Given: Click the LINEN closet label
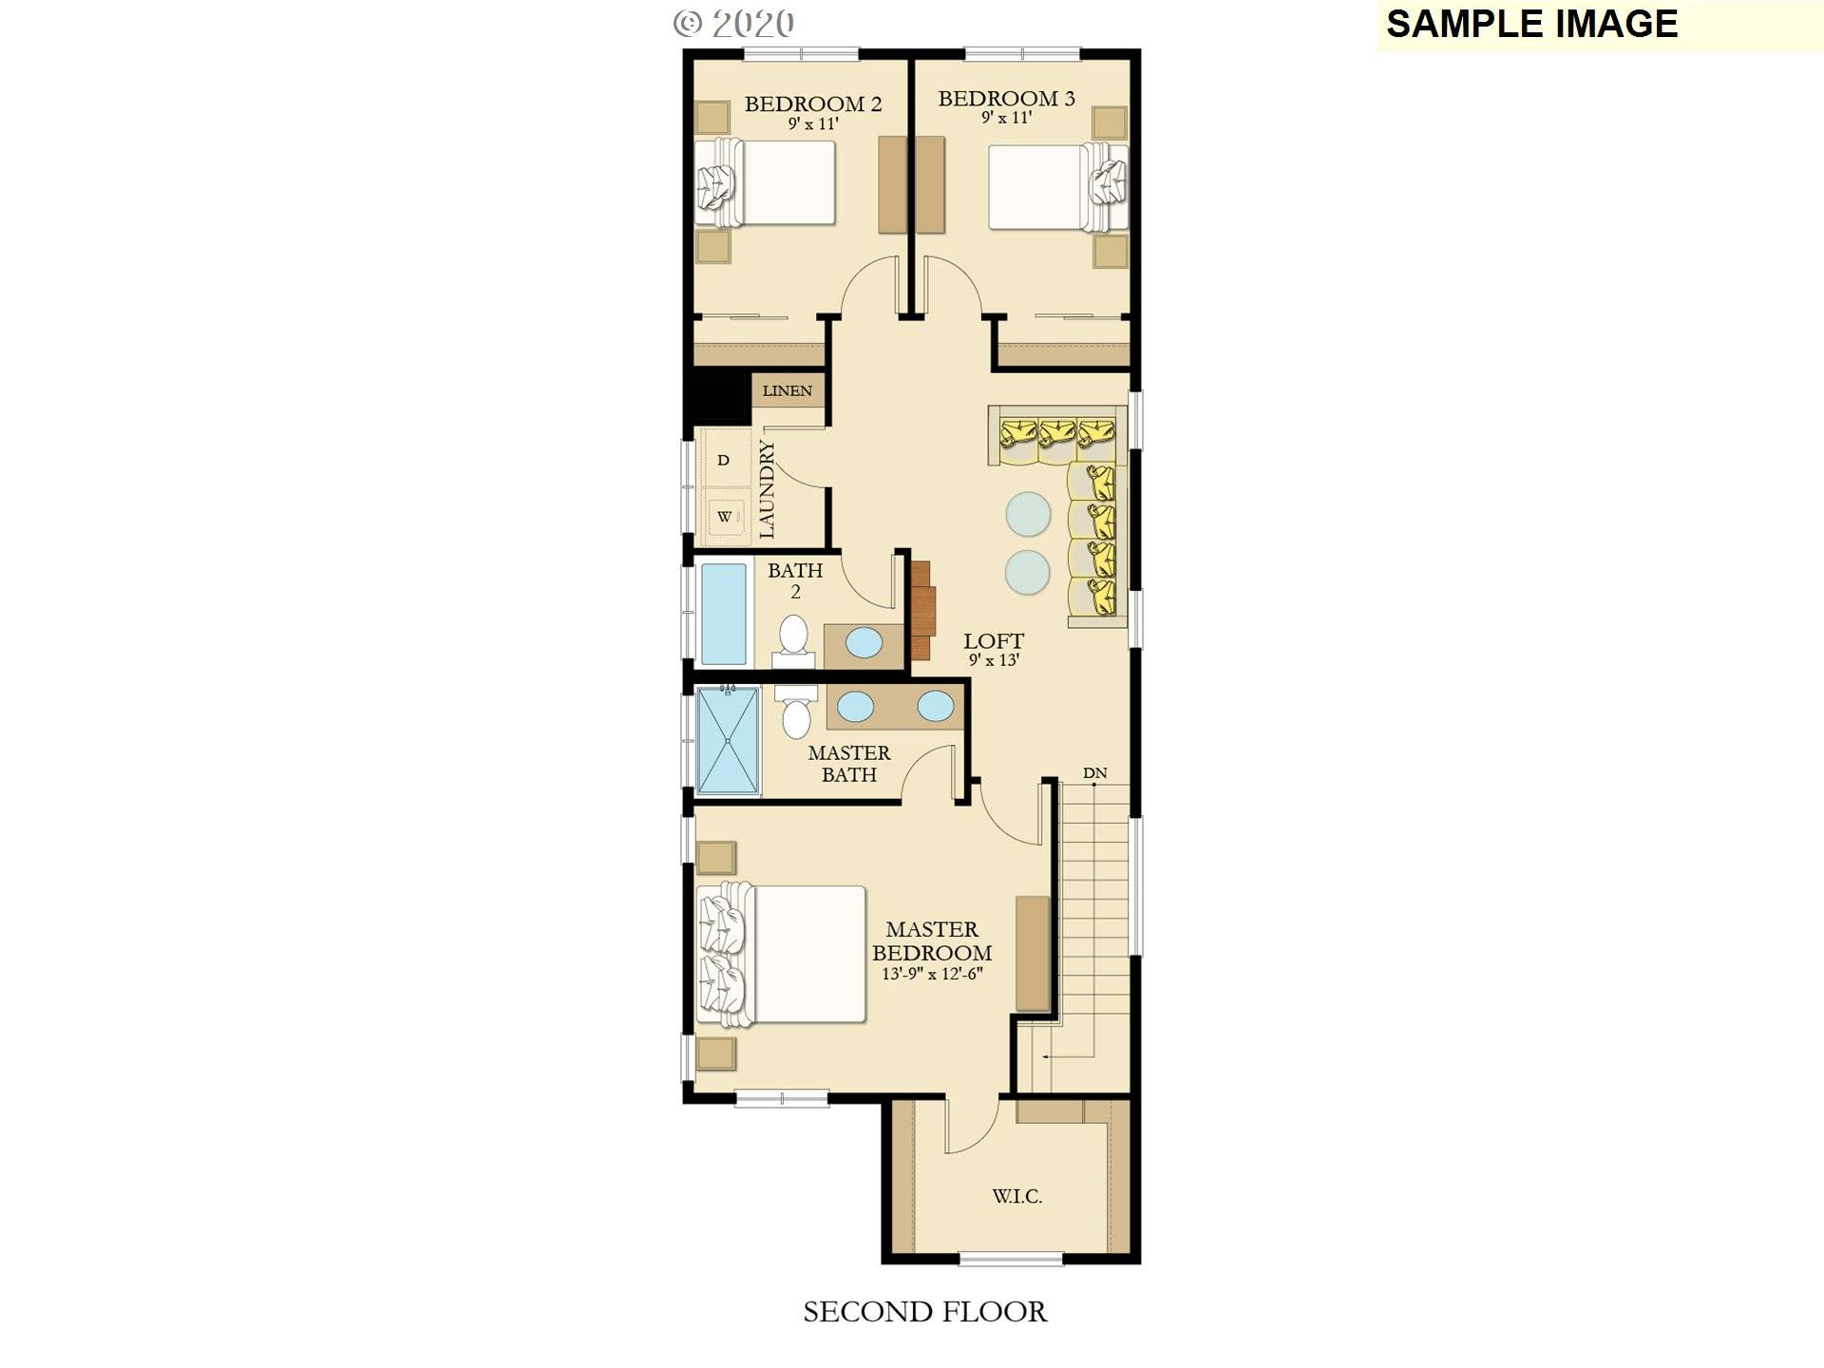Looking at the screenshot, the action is coord(787,390).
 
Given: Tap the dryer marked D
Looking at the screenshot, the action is coord(724,460).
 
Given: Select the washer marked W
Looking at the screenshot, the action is coord(725,517).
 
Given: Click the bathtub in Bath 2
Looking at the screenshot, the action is coord(723,614).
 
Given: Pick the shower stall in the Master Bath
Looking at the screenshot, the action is coord(728,740).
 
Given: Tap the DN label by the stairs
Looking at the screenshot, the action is coord(1094,773).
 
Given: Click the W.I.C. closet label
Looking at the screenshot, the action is coord(1016,1197).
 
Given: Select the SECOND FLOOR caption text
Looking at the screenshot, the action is coord(924,1312).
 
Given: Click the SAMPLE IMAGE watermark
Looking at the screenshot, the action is coord(1531,24).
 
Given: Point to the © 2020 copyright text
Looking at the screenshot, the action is coord(733,24).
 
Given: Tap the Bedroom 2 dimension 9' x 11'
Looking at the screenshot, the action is coord(813,123).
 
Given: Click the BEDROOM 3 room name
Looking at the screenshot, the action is coord(1006,99).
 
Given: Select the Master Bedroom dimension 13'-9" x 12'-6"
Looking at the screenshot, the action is coord(931,974).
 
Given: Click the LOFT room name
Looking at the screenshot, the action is coord(994,641).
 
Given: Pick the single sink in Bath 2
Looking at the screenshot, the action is coord(864,643).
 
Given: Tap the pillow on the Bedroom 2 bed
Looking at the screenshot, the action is coord(715,187).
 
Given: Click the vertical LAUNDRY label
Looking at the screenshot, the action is coord(768,489).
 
